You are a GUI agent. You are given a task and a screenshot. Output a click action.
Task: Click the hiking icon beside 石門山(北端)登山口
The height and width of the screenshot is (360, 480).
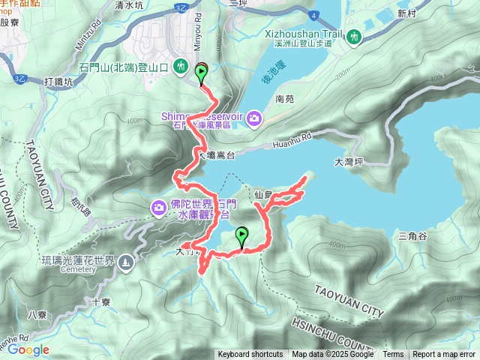181,67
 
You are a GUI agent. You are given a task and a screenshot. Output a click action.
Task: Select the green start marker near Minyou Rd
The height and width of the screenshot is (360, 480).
202,73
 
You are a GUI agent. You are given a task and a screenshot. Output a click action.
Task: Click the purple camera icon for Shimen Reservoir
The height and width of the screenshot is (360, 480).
254,118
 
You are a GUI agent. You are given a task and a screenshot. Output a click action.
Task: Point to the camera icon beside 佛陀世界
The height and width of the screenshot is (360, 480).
159,207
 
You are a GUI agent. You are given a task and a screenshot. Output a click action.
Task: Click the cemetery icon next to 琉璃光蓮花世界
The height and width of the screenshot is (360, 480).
124,262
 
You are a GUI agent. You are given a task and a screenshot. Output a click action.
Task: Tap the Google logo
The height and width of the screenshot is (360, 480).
28,349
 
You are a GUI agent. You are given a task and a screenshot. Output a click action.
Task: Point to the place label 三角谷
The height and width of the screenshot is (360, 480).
412,236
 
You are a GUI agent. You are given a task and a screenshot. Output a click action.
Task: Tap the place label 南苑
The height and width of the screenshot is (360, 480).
285,99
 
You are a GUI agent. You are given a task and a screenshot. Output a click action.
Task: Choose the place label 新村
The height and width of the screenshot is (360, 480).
406,13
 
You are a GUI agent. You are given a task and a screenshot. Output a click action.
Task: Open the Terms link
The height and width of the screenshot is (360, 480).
393,354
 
